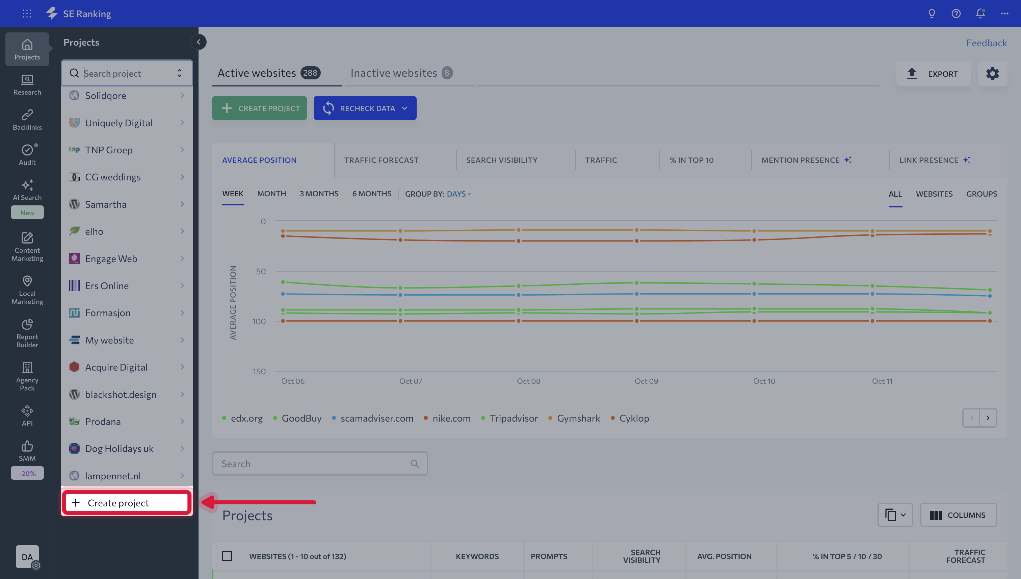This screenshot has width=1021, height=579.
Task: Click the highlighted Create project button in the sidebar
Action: [x=127, y=503]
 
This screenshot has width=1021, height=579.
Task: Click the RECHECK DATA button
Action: [x=365, y=108]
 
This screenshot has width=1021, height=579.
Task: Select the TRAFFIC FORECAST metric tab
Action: [x=381, y=160]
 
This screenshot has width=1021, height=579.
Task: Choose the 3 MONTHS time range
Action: [x=319, y=194]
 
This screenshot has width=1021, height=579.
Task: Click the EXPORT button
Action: [x=933, y=74]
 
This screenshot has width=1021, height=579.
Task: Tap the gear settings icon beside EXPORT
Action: [x=992, y=74]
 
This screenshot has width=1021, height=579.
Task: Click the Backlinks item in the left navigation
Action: [x=27, y=120]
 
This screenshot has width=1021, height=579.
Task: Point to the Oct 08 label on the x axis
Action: [x=528, y=381]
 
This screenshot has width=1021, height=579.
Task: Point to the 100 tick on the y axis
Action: [x=259, y=321]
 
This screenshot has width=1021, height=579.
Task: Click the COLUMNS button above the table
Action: [x=958, y=515]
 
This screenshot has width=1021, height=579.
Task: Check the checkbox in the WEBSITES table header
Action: [x=227, y=556]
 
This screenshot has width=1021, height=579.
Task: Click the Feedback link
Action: [x=987, y=43]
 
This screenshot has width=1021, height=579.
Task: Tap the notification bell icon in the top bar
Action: [x=980, y=14]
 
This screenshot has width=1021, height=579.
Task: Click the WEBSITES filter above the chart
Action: [x=934, y=194]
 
